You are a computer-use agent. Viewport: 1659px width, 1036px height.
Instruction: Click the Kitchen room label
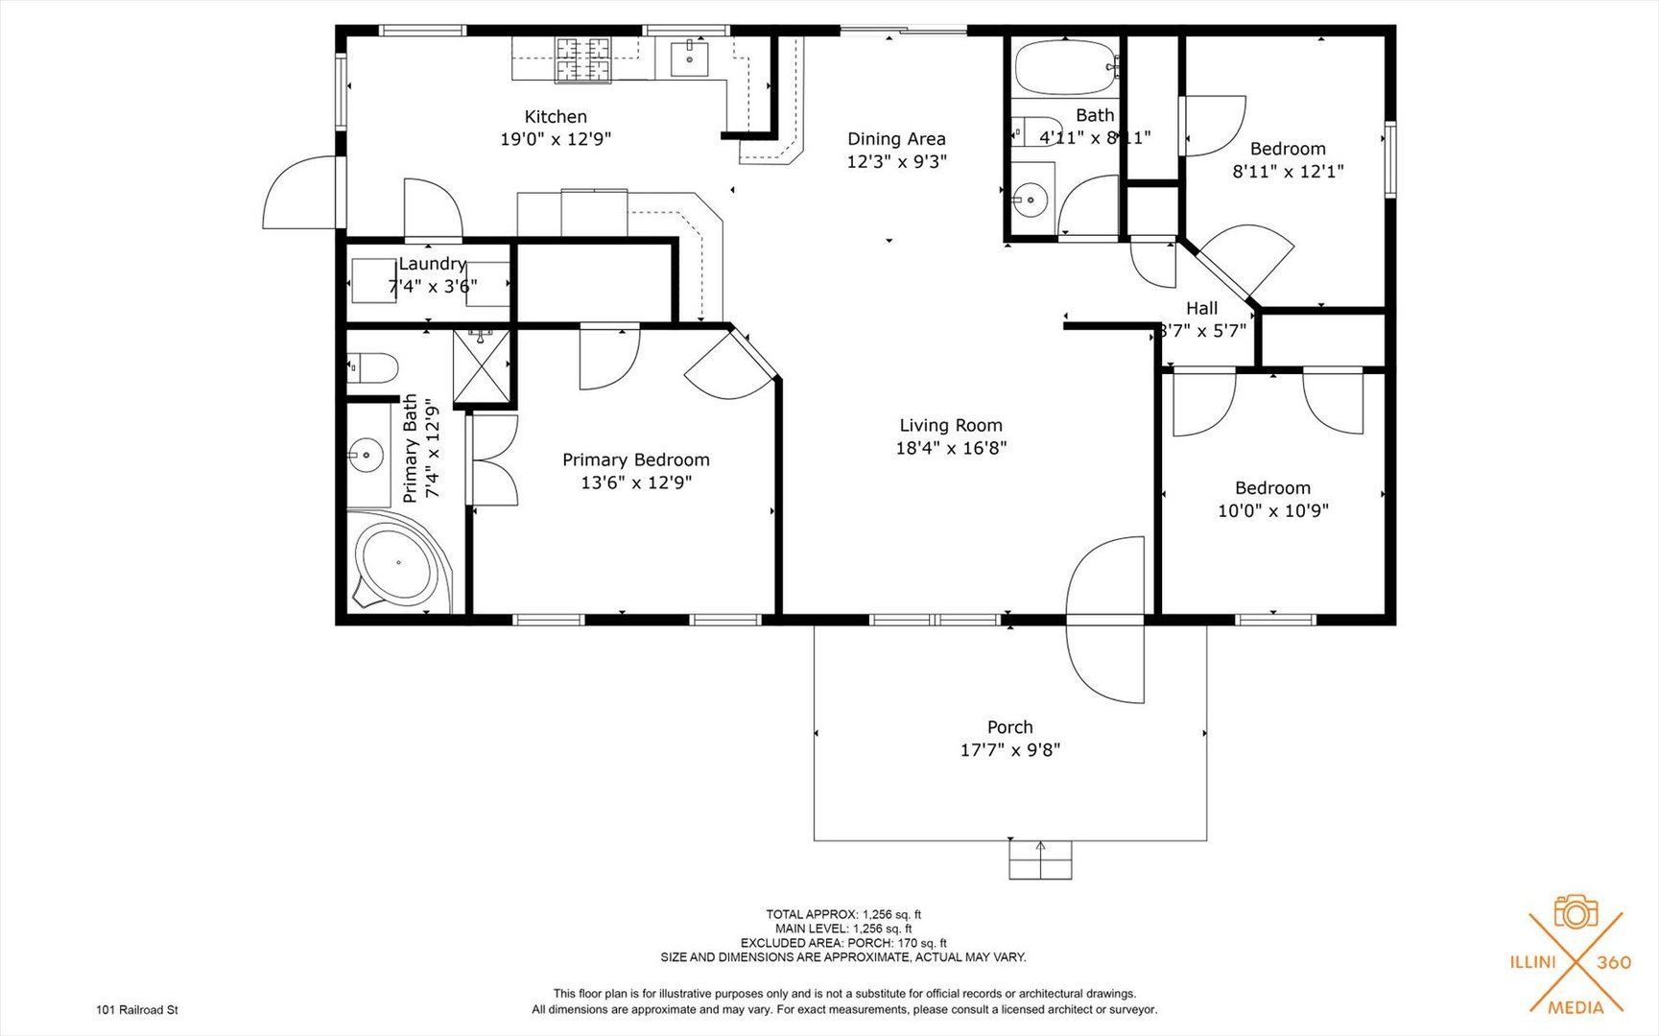tap(556, 117)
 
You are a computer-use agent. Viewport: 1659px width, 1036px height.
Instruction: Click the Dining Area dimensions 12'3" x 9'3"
tap(896, 162)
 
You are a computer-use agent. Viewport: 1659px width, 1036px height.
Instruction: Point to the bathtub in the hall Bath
tap(1063, 66)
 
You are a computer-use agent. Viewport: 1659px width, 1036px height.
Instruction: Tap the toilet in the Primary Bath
tap(373, 367)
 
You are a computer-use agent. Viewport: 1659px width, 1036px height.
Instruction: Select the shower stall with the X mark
tap(482, 365)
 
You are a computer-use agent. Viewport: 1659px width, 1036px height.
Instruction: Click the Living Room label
tap(950, 425)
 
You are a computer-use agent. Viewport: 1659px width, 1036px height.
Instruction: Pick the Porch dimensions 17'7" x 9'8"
tap(1009, 750)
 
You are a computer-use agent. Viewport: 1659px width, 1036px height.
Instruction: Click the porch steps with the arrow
tap(1040, 859)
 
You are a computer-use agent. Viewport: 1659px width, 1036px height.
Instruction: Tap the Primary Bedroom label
tap(635, 460)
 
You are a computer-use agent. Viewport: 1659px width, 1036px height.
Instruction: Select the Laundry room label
tap(432, 264)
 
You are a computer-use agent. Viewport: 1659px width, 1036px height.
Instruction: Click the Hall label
tap(1201, 308)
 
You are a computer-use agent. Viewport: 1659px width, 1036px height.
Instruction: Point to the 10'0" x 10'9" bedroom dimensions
tap(1272, 511)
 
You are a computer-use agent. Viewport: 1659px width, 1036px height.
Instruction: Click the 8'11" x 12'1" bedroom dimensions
tap(1288, 172)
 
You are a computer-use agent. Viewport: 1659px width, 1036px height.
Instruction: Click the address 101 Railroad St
tap(137, 1009)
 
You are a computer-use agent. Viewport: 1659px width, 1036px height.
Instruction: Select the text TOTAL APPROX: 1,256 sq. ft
tap(842, 914)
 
